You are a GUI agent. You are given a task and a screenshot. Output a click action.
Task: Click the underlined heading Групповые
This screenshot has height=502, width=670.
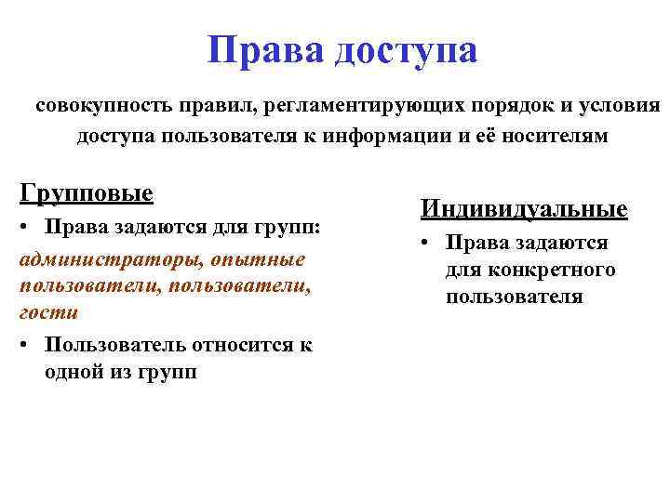pyautogui.click(x=86, y=194)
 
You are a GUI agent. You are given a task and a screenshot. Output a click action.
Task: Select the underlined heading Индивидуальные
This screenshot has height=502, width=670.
pyautogui.click(x=523, y=209)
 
